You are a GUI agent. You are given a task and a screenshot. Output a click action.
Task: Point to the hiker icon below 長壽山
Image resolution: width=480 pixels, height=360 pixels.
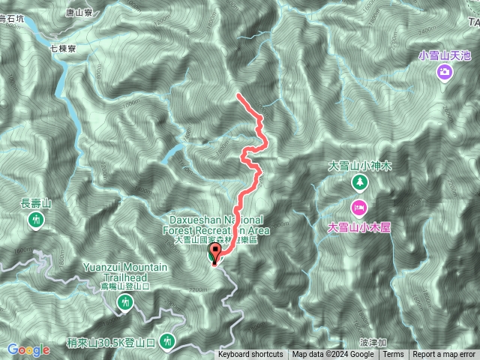pyautogui.click(x=36, y=220)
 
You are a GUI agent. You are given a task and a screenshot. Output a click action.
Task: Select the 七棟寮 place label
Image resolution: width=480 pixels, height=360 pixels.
pyautogui.click(x=63, y=48)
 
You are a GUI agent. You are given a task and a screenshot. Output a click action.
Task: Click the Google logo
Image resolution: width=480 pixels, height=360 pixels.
pyautogui.click(x=28, y=349)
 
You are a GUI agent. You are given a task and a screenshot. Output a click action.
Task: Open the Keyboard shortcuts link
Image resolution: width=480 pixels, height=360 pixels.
pyautogui.click(x=250, y=355)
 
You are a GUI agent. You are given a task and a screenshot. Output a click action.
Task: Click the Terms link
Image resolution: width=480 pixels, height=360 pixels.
pyautogui.click(x=393, y=355)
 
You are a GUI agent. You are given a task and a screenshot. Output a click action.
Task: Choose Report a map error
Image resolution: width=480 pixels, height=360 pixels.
pyautogui.click(x=445, y=355)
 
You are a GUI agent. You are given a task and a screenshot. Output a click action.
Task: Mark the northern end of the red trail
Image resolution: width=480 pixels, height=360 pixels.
pyautogui.click(x=238, y=94)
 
